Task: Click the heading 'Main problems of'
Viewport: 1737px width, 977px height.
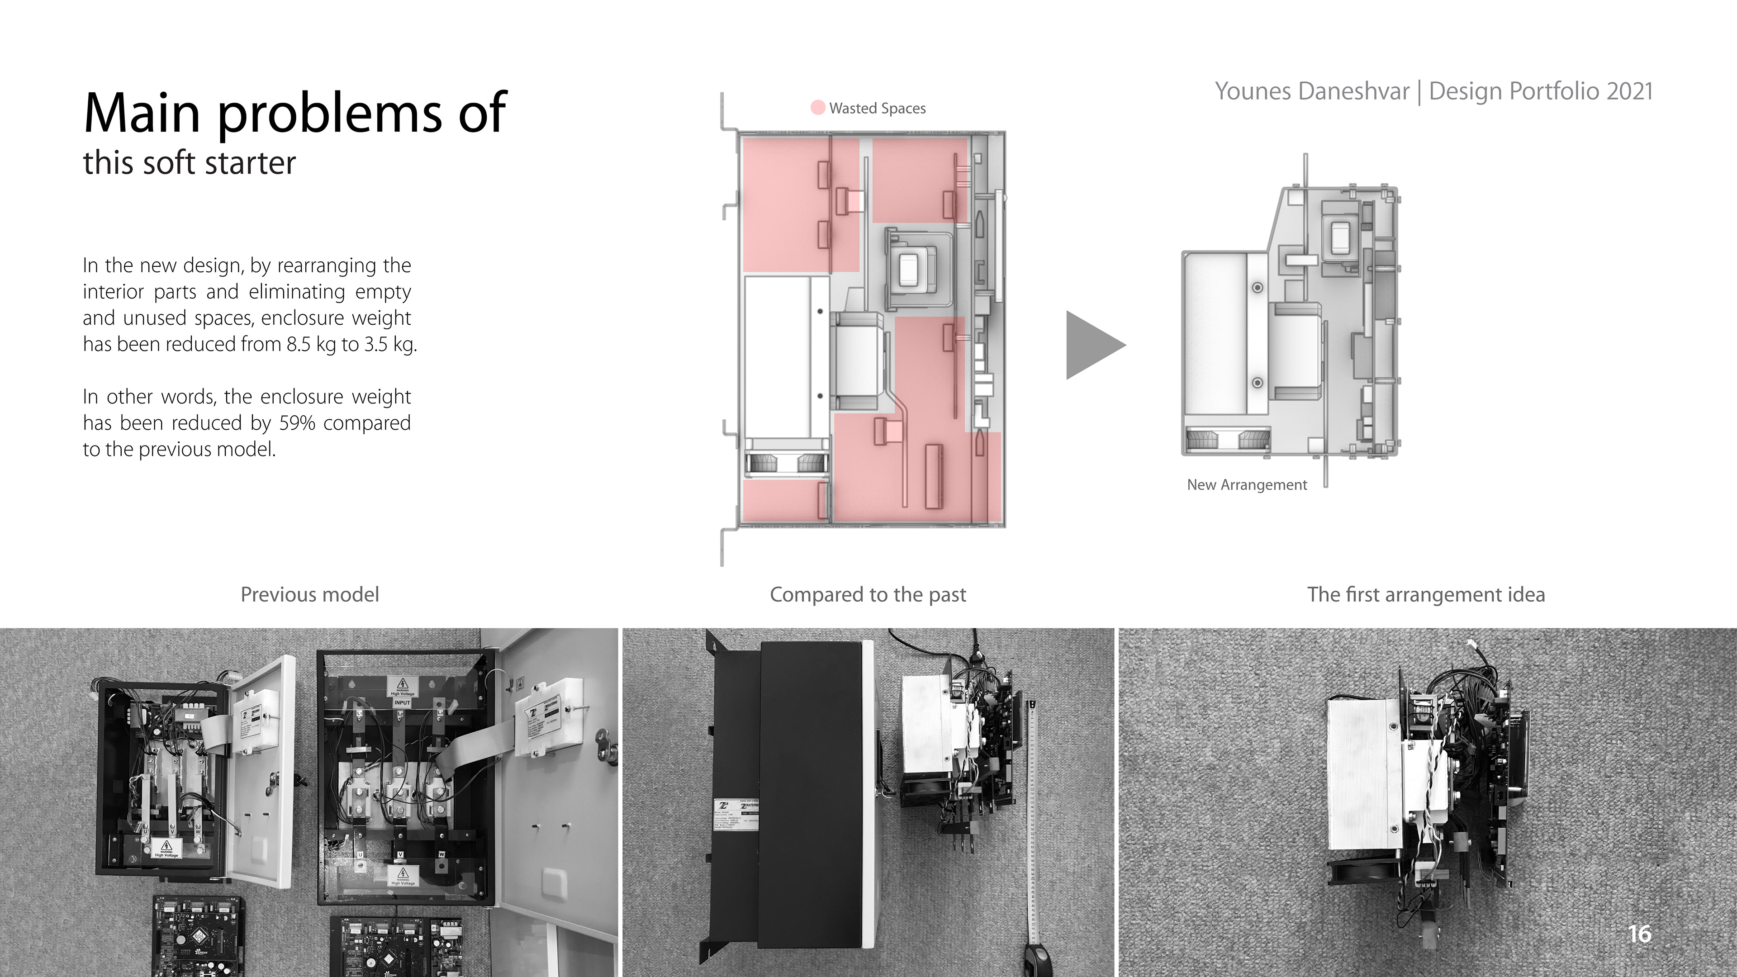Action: pos(294,113)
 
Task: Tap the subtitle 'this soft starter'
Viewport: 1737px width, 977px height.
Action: pos(190,163)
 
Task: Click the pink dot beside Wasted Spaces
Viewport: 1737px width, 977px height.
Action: pos(817,108)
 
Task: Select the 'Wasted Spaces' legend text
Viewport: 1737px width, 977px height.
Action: pos(877,109)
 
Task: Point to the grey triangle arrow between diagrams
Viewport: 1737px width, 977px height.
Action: pos(1092,345)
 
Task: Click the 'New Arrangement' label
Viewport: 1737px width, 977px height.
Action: pos(1247,485)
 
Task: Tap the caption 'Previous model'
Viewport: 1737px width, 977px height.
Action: pos(309,595)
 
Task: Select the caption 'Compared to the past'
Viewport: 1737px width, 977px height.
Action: pos(868,595)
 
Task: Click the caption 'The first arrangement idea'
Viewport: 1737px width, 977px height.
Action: pos(1425,595)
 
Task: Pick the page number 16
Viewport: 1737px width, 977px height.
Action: pos(1639,934)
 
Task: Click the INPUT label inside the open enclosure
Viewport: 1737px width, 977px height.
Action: pos(402,702)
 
